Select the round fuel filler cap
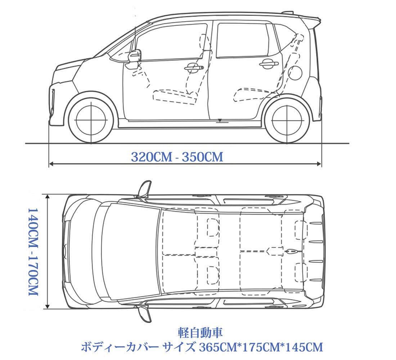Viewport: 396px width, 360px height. [x=295, y=73]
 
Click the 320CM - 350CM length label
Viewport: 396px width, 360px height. [x=177, y=157]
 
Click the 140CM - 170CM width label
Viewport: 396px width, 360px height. [x=33, y=251]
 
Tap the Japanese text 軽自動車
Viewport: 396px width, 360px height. [x=201, y=331]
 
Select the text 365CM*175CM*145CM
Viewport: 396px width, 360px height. [x=259, y=347]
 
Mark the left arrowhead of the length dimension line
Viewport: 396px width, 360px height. [x=51, y=164]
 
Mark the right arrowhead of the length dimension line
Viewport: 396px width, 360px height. [x=319, y=164]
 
